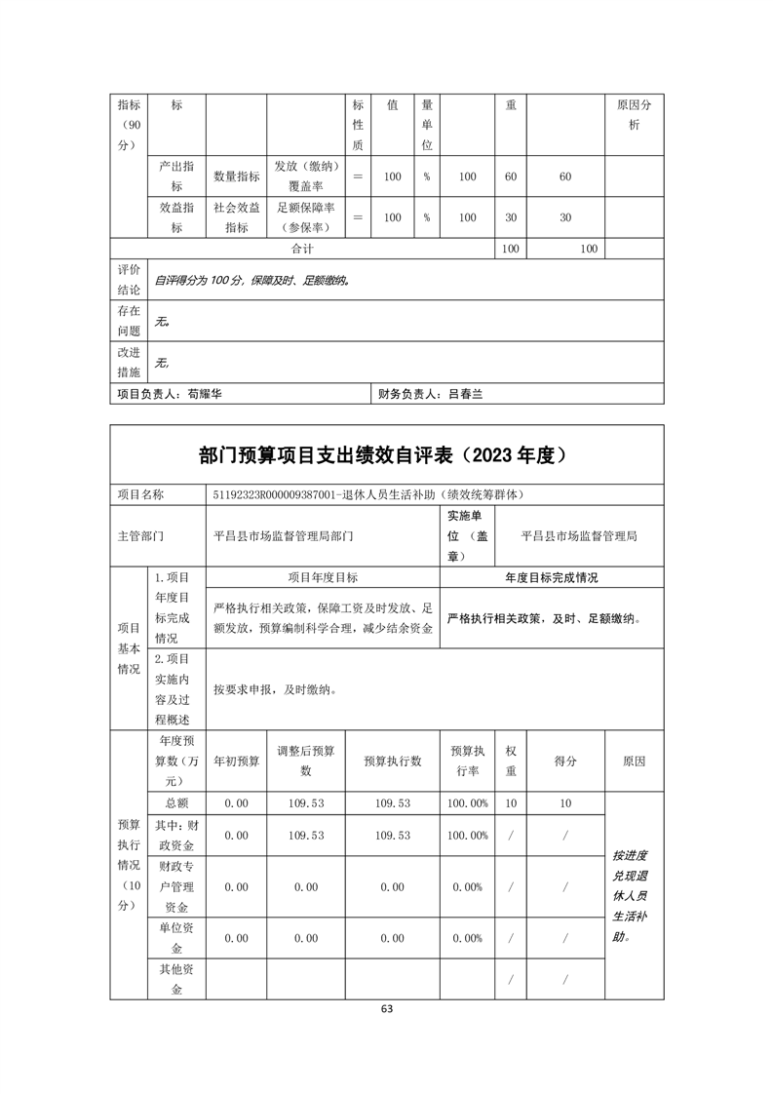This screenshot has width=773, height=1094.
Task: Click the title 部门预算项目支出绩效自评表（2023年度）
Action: click(x=386, y=454)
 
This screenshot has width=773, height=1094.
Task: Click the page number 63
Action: click(x=386, y=1010)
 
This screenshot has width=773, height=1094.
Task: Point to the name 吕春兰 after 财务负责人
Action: click(x=466, y=395)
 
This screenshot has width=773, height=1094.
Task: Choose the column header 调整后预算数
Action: click(x=305, y=761)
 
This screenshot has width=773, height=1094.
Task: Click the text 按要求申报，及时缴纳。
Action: click(x=276, y=688)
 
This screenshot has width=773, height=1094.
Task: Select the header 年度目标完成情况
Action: click(x=552, y=577)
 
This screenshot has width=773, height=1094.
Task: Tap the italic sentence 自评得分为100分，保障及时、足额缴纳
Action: click(x=251, y=280)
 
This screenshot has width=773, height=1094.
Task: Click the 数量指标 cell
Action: click(x=236, y=176)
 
